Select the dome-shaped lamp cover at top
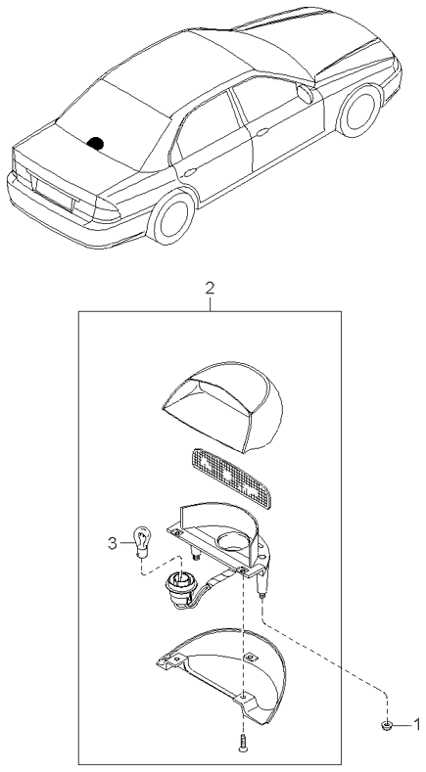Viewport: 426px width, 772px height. coord(221,401)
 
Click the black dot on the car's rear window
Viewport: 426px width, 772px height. coord(97,143)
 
